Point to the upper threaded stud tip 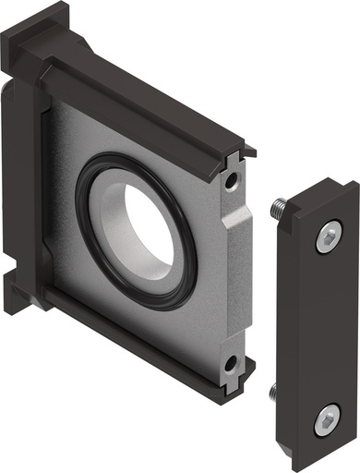pyautogui.click(x=277, y=210)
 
